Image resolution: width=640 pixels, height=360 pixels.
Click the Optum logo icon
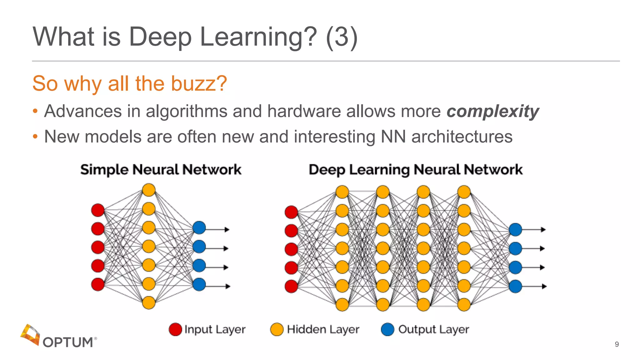click(30, 334)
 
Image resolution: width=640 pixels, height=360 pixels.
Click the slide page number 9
click(617, 344)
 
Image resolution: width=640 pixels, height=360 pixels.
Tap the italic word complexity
click(492, 111)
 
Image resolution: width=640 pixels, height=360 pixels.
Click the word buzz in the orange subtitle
click(195, 83)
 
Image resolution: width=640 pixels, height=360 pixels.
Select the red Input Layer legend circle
click(175, 329)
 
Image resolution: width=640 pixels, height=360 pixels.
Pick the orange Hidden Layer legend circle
click(277, 329)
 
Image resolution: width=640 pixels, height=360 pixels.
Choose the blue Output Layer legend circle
click(387, 329)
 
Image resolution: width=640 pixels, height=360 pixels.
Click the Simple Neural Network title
click(161, 170)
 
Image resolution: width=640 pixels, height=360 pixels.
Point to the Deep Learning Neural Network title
click(416, 170)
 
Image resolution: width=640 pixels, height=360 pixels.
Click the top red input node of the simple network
click(98, 210)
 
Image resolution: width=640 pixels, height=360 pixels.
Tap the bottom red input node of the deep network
click(291, 286)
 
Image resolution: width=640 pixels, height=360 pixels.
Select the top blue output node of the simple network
click(199, 227)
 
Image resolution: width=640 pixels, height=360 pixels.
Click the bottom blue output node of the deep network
click(515, 286)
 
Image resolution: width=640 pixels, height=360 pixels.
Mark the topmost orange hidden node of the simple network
click(149, 190)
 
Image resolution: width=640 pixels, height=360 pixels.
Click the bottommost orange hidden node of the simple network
click(149, 302)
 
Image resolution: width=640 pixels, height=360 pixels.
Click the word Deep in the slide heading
click(160, 37)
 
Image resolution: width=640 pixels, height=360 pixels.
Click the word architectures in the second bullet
click(462, 137)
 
